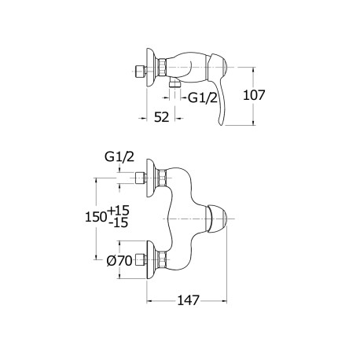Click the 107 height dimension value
pos(254,95)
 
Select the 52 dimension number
pos(161,117)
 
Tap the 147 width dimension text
pos(189,300)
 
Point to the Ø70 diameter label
pos(119,261)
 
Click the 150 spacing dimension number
pos(96,217)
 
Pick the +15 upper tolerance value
pos(119,210)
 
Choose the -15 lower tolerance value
pos(119,223)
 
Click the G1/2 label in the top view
pos(203,98)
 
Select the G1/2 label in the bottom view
pos(119,157)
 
